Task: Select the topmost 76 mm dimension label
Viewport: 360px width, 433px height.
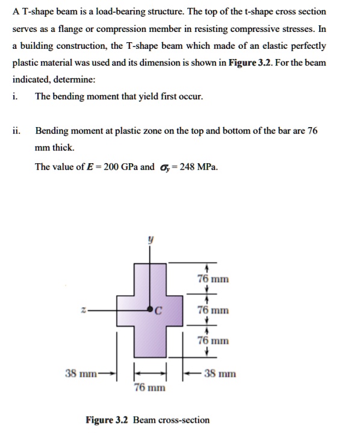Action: pos(213,279)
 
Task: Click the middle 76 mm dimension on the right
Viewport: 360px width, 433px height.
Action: pos(213,310)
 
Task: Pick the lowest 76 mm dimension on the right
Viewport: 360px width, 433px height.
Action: pos(213,341)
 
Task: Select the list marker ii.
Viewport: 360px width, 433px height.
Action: pos(16,130)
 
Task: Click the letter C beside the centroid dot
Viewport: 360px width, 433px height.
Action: pos(158,311)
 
